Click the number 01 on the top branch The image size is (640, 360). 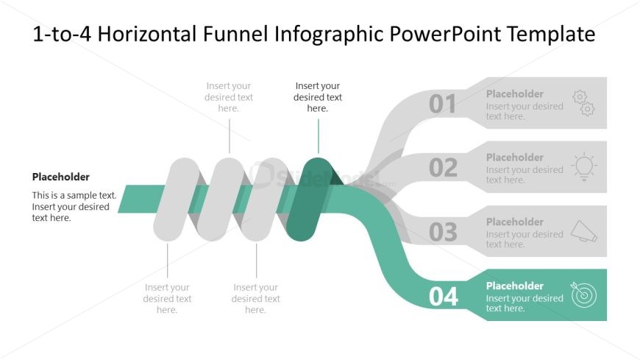(443, 105)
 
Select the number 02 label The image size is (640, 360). (443, 168)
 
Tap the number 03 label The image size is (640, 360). (443, 232)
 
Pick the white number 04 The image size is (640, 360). (443, 297)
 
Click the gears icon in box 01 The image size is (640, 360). (583, 103)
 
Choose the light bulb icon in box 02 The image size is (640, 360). (583, 166)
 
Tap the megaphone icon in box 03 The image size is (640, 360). (583, 231)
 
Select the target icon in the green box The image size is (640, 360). (583, 294)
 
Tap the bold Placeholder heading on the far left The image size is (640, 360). (60, 177)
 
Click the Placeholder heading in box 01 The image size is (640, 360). (514, 93)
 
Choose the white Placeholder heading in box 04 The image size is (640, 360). (514, 286)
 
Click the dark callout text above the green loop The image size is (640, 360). (318, 97)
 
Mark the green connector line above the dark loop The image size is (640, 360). (319, 136)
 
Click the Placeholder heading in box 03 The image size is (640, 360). (514, 222)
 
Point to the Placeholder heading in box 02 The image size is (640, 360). (514, 157)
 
